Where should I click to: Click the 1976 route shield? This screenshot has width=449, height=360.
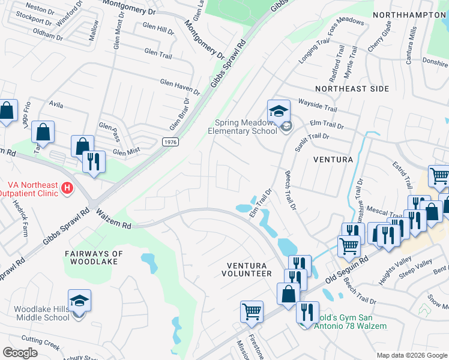coord(170,141)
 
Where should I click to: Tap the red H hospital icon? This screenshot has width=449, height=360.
coord(68,188)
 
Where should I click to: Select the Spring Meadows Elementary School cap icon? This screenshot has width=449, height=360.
coord(279,111)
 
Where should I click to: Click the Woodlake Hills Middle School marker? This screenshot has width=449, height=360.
coord(79,301)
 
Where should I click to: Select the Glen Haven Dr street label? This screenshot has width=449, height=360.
coord(179,87)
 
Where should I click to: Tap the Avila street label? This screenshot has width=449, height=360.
coord(56,104)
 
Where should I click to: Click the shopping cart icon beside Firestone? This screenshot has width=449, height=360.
coord(252,311)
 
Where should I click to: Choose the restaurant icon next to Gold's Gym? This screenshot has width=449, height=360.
coord(307,313)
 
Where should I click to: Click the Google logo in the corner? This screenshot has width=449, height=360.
coord(20,353)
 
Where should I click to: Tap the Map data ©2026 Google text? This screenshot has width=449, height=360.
coord(412,355)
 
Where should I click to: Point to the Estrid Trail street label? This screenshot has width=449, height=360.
coord(403,176)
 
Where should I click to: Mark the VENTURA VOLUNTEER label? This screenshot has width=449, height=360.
coord(250,269)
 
